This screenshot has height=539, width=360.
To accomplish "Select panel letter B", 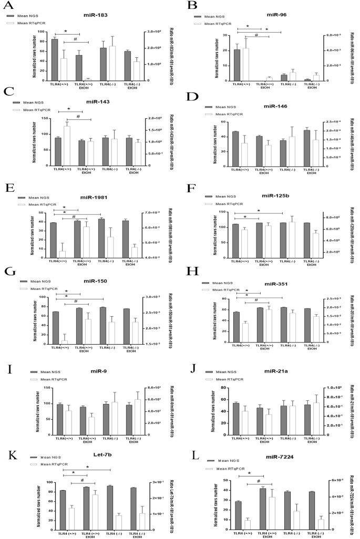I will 193,7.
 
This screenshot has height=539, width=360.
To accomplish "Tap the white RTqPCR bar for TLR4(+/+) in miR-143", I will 67,146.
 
